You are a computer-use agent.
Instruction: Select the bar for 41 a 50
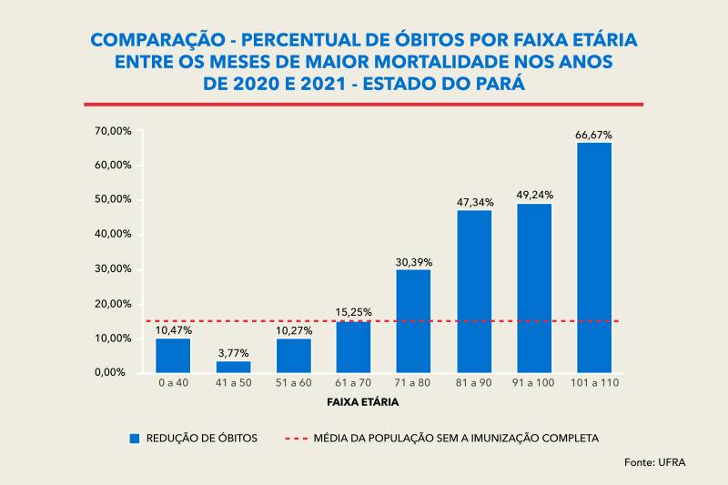pyautogui.click(x=233, y=367)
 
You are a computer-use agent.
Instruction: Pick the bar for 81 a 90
pyautogui.click(x=474, y=291)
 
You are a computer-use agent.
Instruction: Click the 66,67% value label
pyautogui.click(x=593, y=135)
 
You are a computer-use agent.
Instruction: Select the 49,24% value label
pyautogui.click(x=534, y=195)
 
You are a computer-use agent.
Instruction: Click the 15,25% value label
pyautogui.click(x=353, y=312)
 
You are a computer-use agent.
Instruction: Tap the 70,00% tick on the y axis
pyautogui.click(x=113, y=131)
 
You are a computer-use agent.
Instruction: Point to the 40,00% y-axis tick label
pyautogui.click(x=113, y=234)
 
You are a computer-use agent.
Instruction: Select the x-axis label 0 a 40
pyautogui.click(x=173, y=383)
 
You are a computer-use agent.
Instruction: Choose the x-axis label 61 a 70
pyautogui.click(x=353, y=383)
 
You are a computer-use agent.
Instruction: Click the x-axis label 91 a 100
pyautogui.click(x=533, y=383)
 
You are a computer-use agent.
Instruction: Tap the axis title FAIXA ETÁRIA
pyautogui.click(x=362, y=401)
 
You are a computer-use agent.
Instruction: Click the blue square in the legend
pyautogui.click(x=135, y=438)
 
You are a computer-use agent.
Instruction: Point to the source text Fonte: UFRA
pyautogui.click(x=655, y=463)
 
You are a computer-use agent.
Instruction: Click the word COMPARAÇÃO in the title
pyautogui.click(x=153, y=41)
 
